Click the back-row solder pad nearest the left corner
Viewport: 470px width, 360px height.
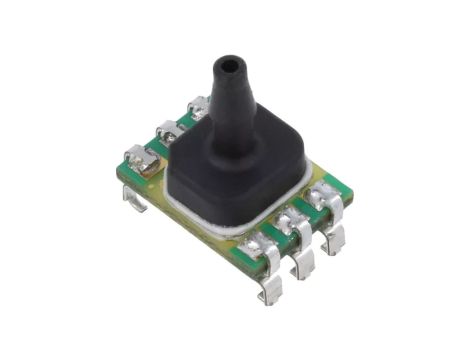click(x=138, y=159)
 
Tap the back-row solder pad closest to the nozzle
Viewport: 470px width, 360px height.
click(x=197, y=105)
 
